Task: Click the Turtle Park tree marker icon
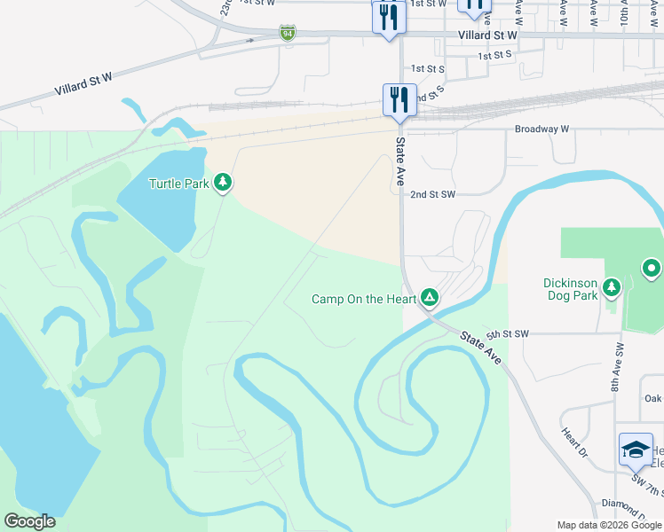pyautogui.click(x=223, y=184)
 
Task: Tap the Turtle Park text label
pyautogui.click(x=178, y=184)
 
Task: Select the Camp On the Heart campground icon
pyautogui.click(x=430, y=297)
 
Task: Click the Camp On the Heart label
pyautogui.click(x=364, y=299)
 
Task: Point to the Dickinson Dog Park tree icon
pyautogui.click(x=611, y=287)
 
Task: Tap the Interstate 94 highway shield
pyautogui.click(x=287, y=34)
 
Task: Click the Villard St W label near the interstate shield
pyautogui.click(x=487, y=35)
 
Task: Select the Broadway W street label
pyautogui.click(x=541, y=129)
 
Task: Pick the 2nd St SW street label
pyautogui.click(x=432, y=193)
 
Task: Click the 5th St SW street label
pyautogui.click(x=507, y=333)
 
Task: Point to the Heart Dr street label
pyautogui.click(x=573, y=442)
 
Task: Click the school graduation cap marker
pyautogui.click(x=636, y=449)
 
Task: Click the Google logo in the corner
pyautogui.click(x=29, y=521)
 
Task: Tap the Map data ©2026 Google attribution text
pyautogui.click(x=608, y=525)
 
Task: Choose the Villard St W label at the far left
pyautogui.click(x=83, y=85)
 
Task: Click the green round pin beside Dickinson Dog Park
pyautogui.click(x=652, y=268)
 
